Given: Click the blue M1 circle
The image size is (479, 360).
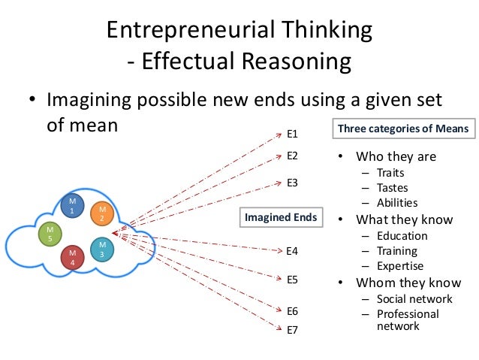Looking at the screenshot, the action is pos(73,206).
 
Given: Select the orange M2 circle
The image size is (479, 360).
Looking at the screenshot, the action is pos(101,213).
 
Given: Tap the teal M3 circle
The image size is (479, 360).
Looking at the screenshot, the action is pos(101,250).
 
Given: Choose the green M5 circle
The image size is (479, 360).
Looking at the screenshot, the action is pos(50,234).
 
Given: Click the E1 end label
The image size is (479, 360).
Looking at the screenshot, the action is pos(293,134).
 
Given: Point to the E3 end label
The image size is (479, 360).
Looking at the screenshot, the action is pos(293,182).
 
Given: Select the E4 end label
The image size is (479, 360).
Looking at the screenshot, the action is pos(293,250).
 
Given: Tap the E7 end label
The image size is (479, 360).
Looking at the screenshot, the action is pos(293,328).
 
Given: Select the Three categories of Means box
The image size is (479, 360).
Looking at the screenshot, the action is pos(402,129).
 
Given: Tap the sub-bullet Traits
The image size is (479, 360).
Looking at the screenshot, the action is pos(390,173).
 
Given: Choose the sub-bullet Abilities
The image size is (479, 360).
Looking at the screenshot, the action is pos(397,202).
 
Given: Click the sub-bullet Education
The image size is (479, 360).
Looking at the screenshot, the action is pos(402,235).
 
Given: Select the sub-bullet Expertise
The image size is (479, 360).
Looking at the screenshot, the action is pos(400,265).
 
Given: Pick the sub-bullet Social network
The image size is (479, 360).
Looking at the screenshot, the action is pos(414,298).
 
